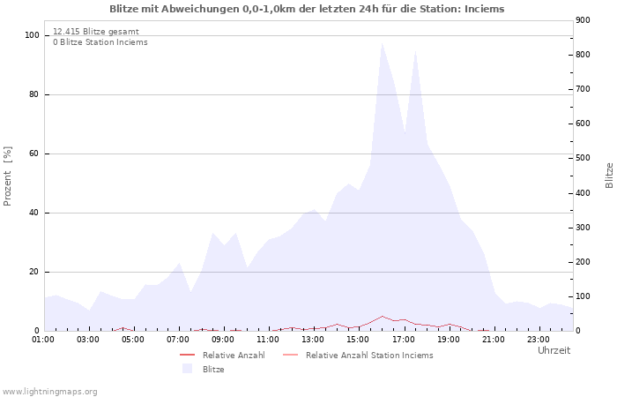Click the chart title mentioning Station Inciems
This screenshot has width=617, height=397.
coord(308,9)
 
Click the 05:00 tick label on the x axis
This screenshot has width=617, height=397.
coord(133,338)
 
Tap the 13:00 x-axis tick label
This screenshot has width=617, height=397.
coord(313,338)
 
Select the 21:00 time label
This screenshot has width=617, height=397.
coord(493,338)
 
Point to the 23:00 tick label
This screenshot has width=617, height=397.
coord(538,338)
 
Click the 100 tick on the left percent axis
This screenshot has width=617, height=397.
coord(32,35)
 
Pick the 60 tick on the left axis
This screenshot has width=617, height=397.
coord(34,154)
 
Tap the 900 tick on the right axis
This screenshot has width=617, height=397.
coord(583,20)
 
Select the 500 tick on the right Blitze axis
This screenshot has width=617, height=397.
coord(583,158)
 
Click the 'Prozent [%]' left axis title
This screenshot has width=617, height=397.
coord(8,176)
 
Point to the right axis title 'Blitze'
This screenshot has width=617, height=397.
coord(609,175)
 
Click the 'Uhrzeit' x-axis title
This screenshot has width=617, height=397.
coord(554,350)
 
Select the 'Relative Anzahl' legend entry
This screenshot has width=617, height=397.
coord(234,356)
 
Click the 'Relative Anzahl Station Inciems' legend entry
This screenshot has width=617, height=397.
coord(369,356)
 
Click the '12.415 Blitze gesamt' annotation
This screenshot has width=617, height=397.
coord(95,31)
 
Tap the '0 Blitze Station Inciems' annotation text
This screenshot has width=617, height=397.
coord(100,42)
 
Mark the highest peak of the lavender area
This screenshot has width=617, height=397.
coord(382,42)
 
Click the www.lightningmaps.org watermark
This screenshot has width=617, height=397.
coord(49,391)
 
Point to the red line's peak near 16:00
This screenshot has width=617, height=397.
coord(382,316)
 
